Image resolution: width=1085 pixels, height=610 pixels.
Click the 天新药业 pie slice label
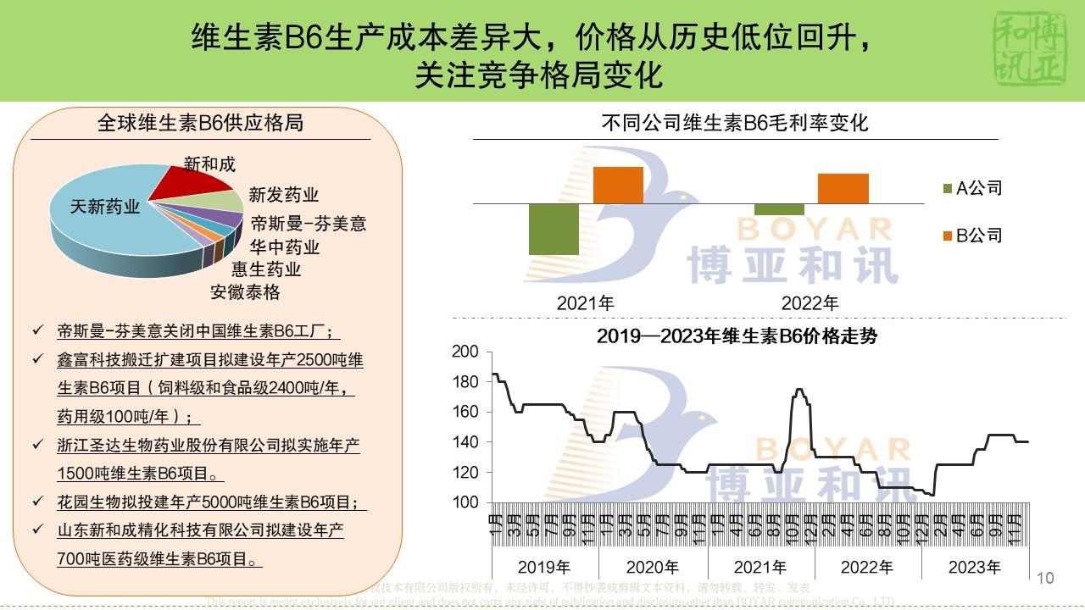click(x=105, y=207)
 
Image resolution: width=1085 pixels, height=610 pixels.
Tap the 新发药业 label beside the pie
click(x=284, y=195)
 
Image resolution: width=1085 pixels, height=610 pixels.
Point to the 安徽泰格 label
click(x=245, y=292)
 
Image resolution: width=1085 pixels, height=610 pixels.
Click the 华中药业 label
click(x=285, y=247)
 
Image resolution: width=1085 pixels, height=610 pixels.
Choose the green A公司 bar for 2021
click(x=554, y=229)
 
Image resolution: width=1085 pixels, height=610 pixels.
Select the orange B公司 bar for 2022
click(x=843, y=188)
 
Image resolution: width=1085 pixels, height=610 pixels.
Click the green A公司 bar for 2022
click(x=779, y=209)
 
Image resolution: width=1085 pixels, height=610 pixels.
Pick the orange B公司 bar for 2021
click(x=618, y=185)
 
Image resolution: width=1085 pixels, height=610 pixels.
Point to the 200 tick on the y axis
click(x=467, y=352)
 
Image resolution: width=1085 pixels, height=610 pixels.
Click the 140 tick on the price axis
click(x=467, y=442)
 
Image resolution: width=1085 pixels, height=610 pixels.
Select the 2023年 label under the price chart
click(x=975, y=567)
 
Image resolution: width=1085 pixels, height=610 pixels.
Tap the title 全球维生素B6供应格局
click(x=200, y=124)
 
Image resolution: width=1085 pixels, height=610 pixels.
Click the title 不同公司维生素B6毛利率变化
click(x=735, y=124)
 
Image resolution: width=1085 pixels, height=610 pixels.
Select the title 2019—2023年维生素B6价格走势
click(x=736, y=336)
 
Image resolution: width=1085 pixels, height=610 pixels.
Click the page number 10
click(x=1045, y=578)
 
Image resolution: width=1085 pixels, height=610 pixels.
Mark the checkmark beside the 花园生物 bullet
click(x=37, y=501)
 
